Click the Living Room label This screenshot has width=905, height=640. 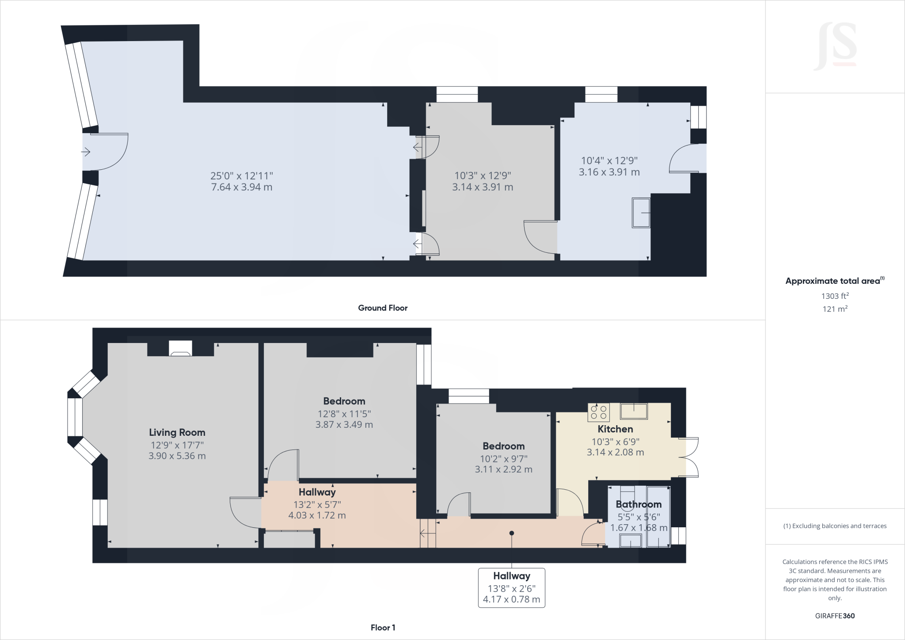(x=177, y=432)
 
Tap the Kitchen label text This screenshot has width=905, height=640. (x=615, y=429)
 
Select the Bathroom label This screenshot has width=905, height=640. (x=639, y=504)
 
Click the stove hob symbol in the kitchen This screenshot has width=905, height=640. (x=598, y=412)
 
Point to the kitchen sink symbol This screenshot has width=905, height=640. (x=634, y=411)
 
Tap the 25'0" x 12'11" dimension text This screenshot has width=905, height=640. (x=242, y=175)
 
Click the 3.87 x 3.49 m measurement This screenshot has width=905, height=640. (x=344, y=425)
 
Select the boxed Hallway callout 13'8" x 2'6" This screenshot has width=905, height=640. (x=511, y=588)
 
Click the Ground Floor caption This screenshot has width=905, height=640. (x=383, y=308)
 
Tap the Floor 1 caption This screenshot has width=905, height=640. (x=383, y=628)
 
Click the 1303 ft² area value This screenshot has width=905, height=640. (x=835, y=296)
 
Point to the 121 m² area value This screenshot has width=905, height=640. (x=835, y=309)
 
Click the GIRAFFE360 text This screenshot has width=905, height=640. (x=835, y=616)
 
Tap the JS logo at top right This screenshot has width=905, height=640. (x=835, y=46)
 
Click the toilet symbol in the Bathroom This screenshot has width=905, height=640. (x=627, y=492)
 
